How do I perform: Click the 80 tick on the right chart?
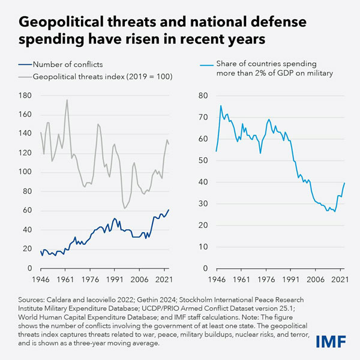pyautogui.click(x=203, y=95)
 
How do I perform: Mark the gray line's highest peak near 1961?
pyautogui.click(x=67, y=100)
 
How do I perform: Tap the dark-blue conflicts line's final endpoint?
pyautogui.click(x=169, y=209)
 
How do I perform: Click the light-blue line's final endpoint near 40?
pyautogui.click(x=344, y=183)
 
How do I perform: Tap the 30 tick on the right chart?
pyautogui.click(x=203, y=203)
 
